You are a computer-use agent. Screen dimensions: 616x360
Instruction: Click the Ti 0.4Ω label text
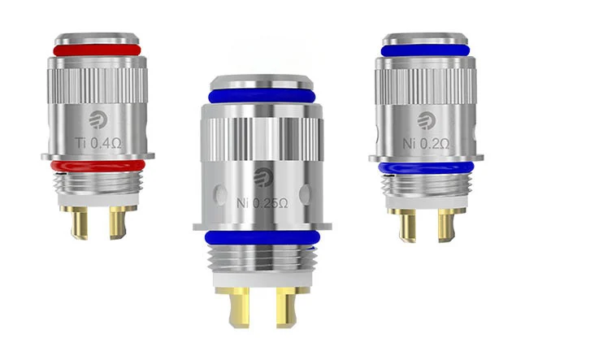[x=98, y=143]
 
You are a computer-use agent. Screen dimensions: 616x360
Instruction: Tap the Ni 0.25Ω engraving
[x=262, y=203]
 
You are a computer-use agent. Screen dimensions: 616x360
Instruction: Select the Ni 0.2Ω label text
[x=426, y=144]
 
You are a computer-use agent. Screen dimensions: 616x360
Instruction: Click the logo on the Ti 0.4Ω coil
[x=97, y=119]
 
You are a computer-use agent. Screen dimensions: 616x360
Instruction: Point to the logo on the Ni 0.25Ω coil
[x=262, y=177]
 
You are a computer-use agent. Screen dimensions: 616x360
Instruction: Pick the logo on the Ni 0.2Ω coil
[x=426, y=120]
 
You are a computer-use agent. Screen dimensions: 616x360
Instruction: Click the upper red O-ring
[x=97, y=50]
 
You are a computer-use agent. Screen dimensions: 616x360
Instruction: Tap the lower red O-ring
[x=98, y=166]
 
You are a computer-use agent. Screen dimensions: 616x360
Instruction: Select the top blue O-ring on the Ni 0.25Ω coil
[x=262, y=96]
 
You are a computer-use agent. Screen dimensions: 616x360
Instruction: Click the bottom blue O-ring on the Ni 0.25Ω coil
[x=262, y=238]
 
